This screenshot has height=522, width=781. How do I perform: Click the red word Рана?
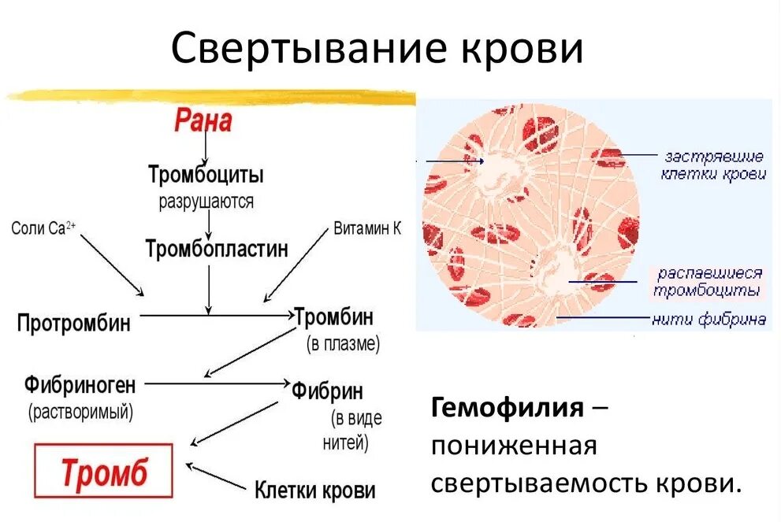pyautogui.click(x=203, y=121)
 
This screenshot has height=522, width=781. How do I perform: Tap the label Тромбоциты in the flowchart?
pyautogui.click(x=206, y=174)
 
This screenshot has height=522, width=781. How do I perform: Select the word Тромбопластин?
pyautogui.click(x=217, y=250)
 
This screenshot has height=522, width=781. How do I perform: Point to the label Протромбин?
pyautogui.click(x=74, y=322)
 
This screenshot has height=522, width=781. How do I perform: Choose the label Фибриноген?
pyautogui.click(x=80, y=386)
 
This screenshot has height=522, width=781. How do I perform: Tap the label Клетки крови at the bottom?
pyautogui.click(x=314, y=491)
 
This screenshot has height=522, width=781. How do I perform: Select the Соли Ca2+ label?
pyautogui.click(x=44, y=228)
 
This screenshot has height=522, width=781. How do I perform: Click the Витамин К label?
pyautogui.click(x=367, y=228)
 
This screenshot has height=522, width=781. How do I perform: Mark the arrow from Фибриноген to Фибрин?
pyautogui.click(x=217, y=383)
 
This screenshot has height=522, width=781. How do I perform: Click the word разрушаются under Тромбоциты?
pyautogui.click(x=206, y=202)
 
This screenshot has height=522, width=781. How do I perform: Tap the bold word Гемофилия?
pyautogui.click(x=507, y=409)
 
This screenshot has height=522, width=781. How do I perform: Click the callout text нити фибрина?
pyautogui.click(x=708, y=320)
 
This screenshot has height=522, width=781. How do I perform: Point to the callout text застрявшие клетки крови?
pyautogui.click(x=713, y=165)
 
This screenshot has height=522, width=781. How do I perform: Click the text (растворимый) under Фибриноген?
pyautogui.click(x=80, y=411)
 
